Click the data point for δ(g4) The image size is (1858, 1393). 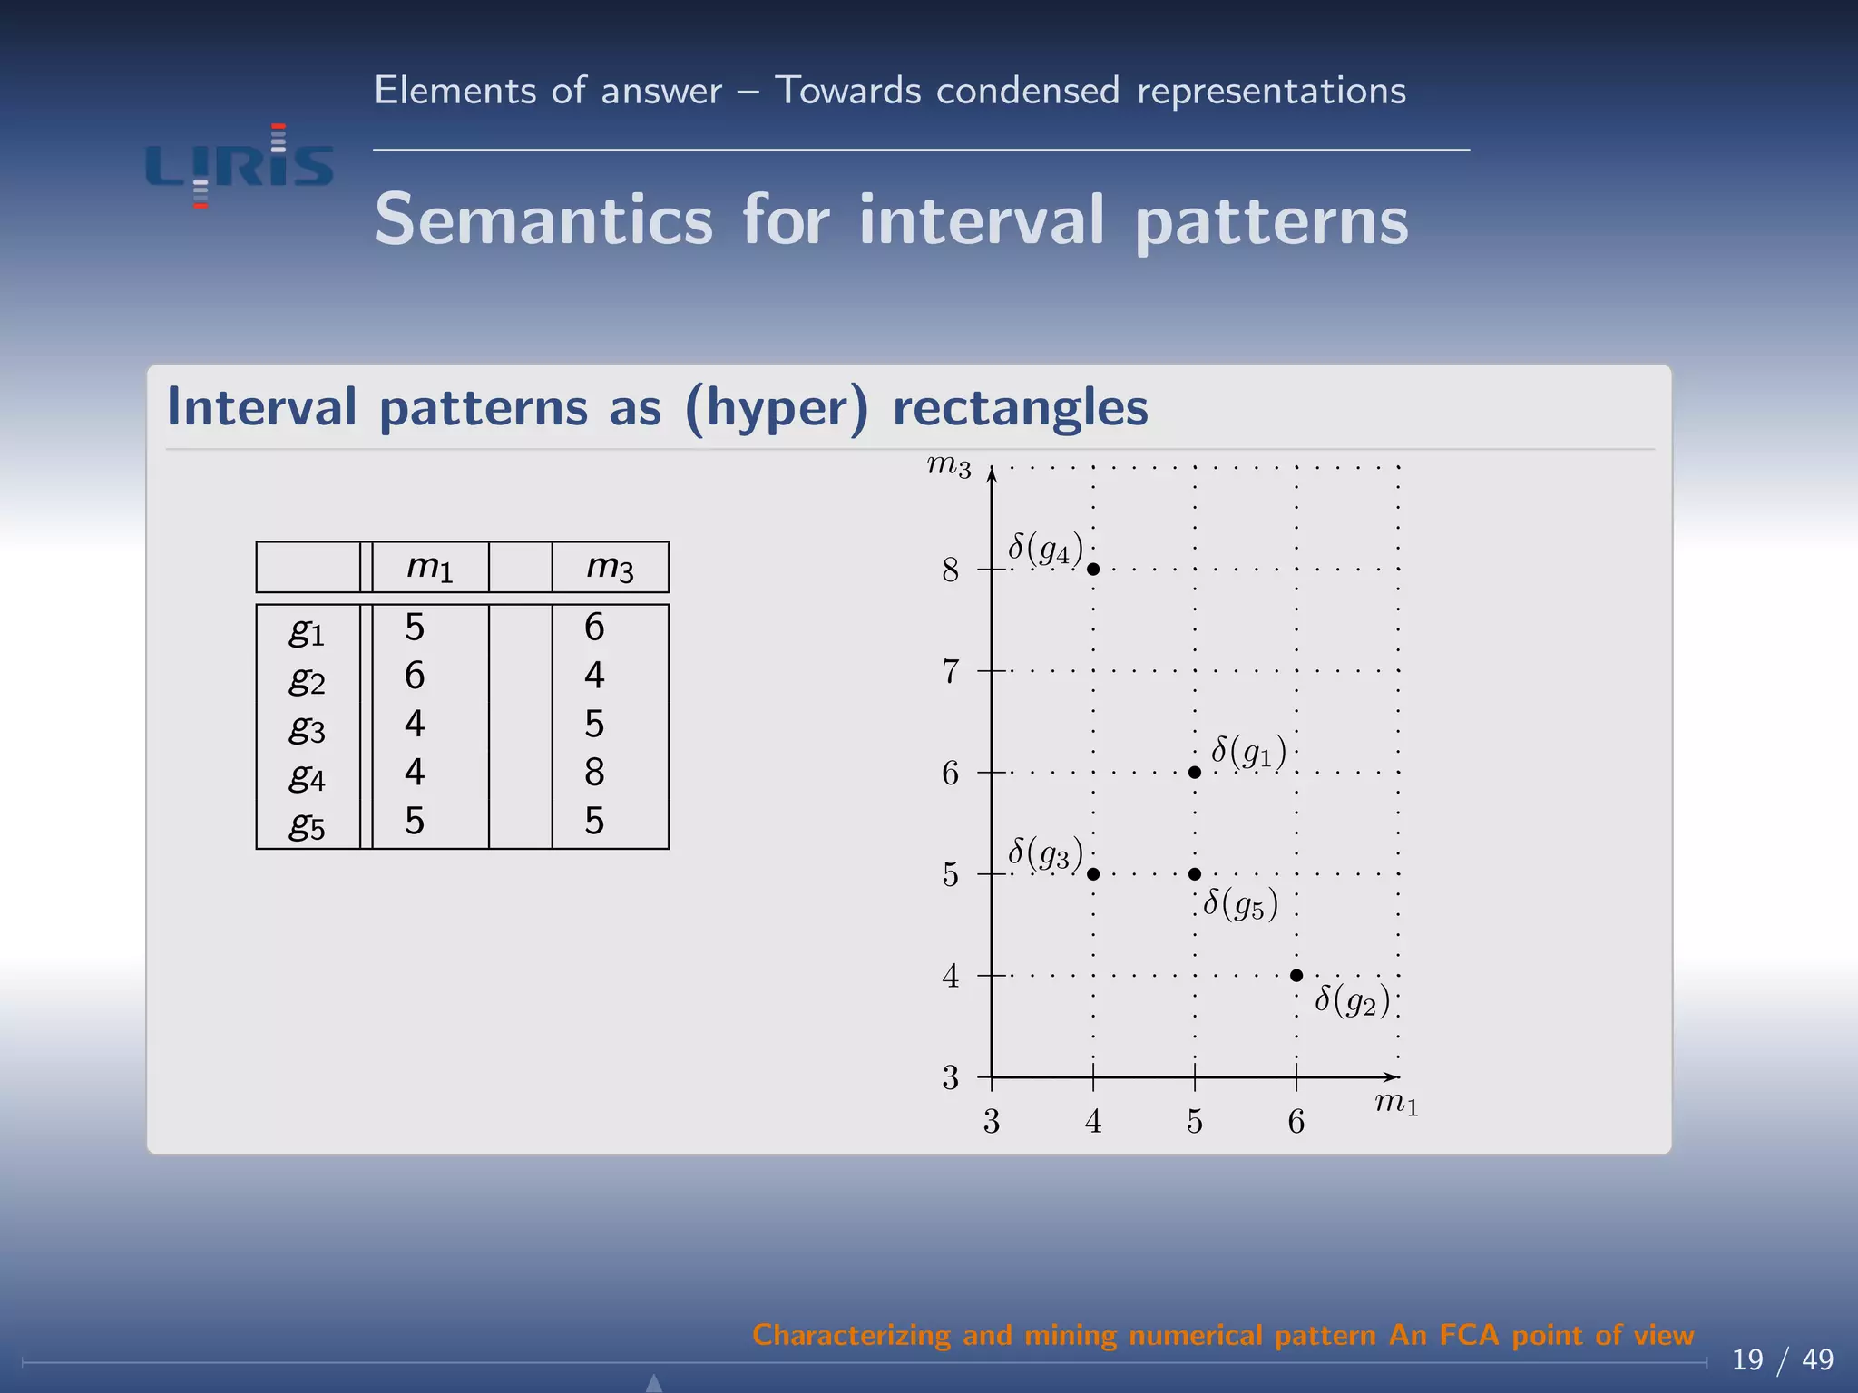[x=1093, y=570]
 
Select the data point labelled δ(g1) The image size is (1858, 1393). [x=1195, y=773]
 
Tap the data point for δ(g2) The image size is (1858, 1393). [x=1296, y=976]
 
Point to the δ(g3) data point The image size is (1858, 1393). [x=1093, y=874]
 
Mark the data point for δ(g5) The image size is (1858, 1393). [x=1195, y=874]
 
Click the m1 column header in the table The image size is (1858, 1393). [x=429, y=568]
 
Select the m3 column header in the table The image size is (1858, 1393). [x=610, y=568]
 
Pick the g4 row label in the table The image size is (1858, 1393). [x=307, y=776]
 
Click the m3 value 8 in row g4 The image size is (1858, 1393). [x=594, y=773]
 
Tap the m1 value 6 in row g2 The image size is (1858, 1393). [x=415, y=676]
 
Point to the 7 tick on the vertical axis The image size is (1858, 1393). [x=950, y=672]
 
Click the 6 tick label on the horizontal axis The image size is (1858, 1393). [x=1296, y=1123]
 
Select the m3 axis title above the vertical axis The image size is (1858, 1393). [x=949, y=466]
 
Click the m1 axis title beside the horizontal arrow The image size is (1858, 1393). [x=1396, y=1104]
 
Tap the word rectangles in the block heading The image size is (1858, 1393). [x=1020, y=407]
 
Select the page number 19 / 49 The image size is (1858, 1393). [x=1782, y=1359]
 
